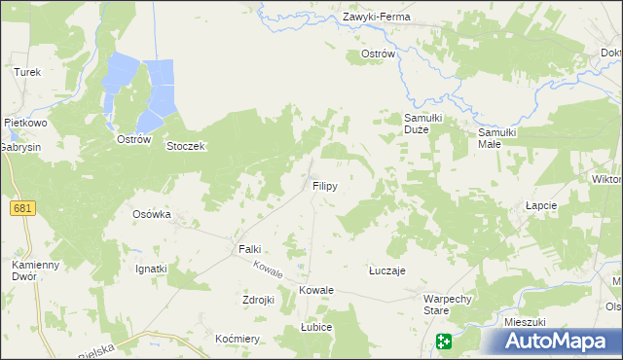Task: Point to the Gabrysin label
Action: [20, 145]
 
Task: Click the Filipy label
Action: [324, 185]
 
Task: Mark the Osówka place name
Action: [151, 214]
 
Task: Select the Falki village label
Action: [250, 249]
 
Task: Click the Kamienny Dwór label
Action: [36, 270]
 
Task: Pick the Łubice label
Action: [316, 328]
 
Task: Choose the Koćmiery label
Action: [238, 338]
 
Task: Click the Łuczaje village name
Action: [386, 271]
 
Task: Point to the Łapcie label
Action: [540, 206]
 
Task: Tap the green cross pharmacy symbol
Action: [444, 342]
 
